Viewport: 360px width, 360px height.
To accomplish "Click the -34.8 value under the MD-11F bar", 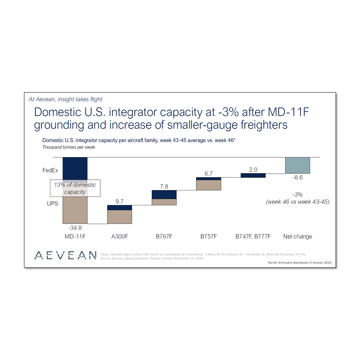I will click(75, 228).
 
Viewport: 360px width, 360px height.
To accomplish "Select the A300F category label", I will click(120, 237).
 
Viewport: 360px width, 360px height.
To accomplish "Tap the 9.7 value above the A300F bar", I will click(120, 202).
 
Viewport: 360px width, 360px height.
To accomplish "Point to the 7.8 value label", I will click(164, 186).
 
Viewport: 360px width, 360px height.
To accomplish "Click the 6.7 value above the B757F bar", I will click(208, 174).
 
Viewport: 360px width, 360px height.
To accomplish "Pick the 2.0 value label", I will click(253, 170).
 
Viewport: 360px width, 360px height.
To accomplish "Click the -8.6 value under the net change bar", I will click(298, 178).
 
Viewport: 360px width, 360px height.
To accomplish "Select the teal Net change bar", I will click(298, 165).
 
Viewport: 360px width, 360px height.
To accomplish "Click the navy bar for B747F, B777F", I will click(253, 176).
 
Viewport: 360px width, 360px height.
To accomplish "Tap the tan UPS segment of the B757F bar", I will click(208, 185).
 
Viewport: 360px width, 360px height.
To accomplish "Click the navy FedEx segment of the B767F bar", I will click(164, 194).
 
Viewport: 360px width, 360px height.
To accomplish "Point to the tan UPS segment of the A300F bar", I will click(120, 217).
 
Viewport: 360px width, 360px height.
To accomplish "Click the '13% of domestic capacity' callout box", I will click(75, 188).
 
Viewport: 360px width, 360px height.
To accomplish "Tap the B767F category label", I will click(164, 237).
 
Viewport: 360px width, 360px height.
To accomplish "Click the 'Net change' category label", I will click(298, 237).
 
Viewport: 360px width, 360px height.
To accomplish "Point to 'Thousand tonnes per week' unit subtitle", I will click(69, 147).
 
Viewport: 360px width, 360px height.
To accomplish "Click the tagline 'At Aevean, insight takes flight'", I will click(66, 99).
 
